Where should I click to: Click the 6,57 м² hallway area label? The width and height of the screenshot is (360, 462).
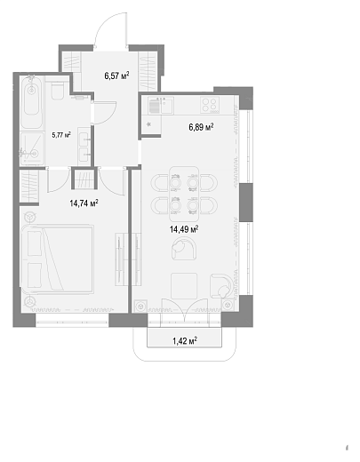116,76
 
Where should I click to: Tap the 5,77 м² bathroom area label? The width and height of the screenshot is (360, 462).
61,135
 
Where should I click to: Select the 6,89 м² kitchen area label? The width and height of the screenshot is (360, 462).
201,127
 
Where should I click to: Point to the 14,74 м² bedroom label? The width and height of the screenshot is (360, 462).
84,203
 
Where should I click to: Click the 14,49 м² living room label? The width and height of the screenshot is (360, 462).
184,229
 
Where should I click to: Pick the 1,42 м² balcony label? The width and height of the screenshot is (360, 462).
185,341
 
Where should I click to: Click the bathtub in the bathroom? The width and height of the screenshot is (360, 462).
31,101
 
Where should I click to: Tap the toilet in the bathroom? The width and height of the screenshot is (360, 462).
57,88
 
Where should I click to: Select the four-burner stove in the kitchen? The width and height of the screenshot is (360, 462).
210,105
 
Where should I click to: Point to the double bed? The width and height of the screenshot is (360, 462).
58,259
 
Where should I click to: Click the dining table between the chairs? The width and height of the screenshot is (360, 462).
184,194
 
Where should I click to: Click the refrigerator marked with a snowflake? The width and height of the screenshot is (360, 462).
151,124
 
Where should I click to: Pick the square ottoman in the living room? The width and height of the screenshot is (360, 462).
184,286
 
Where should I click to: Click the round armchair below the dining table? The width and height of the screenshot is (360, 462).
184,249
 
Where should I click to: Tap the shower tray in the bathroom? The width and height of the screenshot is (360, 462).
32,148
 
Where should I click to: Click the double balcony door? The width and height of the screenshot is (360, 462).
184,310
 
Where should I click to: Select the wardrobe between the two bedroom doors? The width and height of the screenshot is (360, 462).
84,179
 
